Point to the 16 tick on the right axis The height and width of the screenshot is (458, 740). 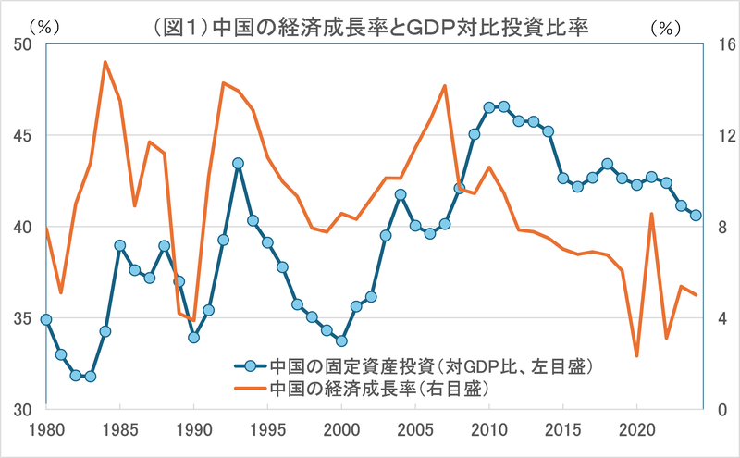[720, 44]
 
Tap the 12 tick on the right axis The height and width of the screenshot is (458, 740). [720, 136]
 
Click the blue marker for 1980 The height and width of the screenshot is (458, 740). [46, 319]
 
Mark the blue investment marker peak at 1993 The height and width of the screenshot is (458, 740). [238, 163]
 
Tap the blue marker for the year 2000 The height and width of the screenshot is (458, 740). [341, 341]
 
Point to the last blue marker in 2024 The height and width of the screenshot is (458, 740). [696, 216]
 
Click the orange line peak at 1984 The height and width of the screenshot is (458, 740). [105, 62]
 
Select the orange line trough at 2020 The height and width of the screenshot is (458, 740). [636, 355]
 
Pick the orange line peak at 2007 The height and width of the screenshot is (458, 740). [445, 85]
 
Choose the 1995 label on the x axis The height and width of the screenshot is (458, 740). [267, 431]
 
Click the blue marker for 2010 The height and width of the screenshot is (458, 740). [489, 107]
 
